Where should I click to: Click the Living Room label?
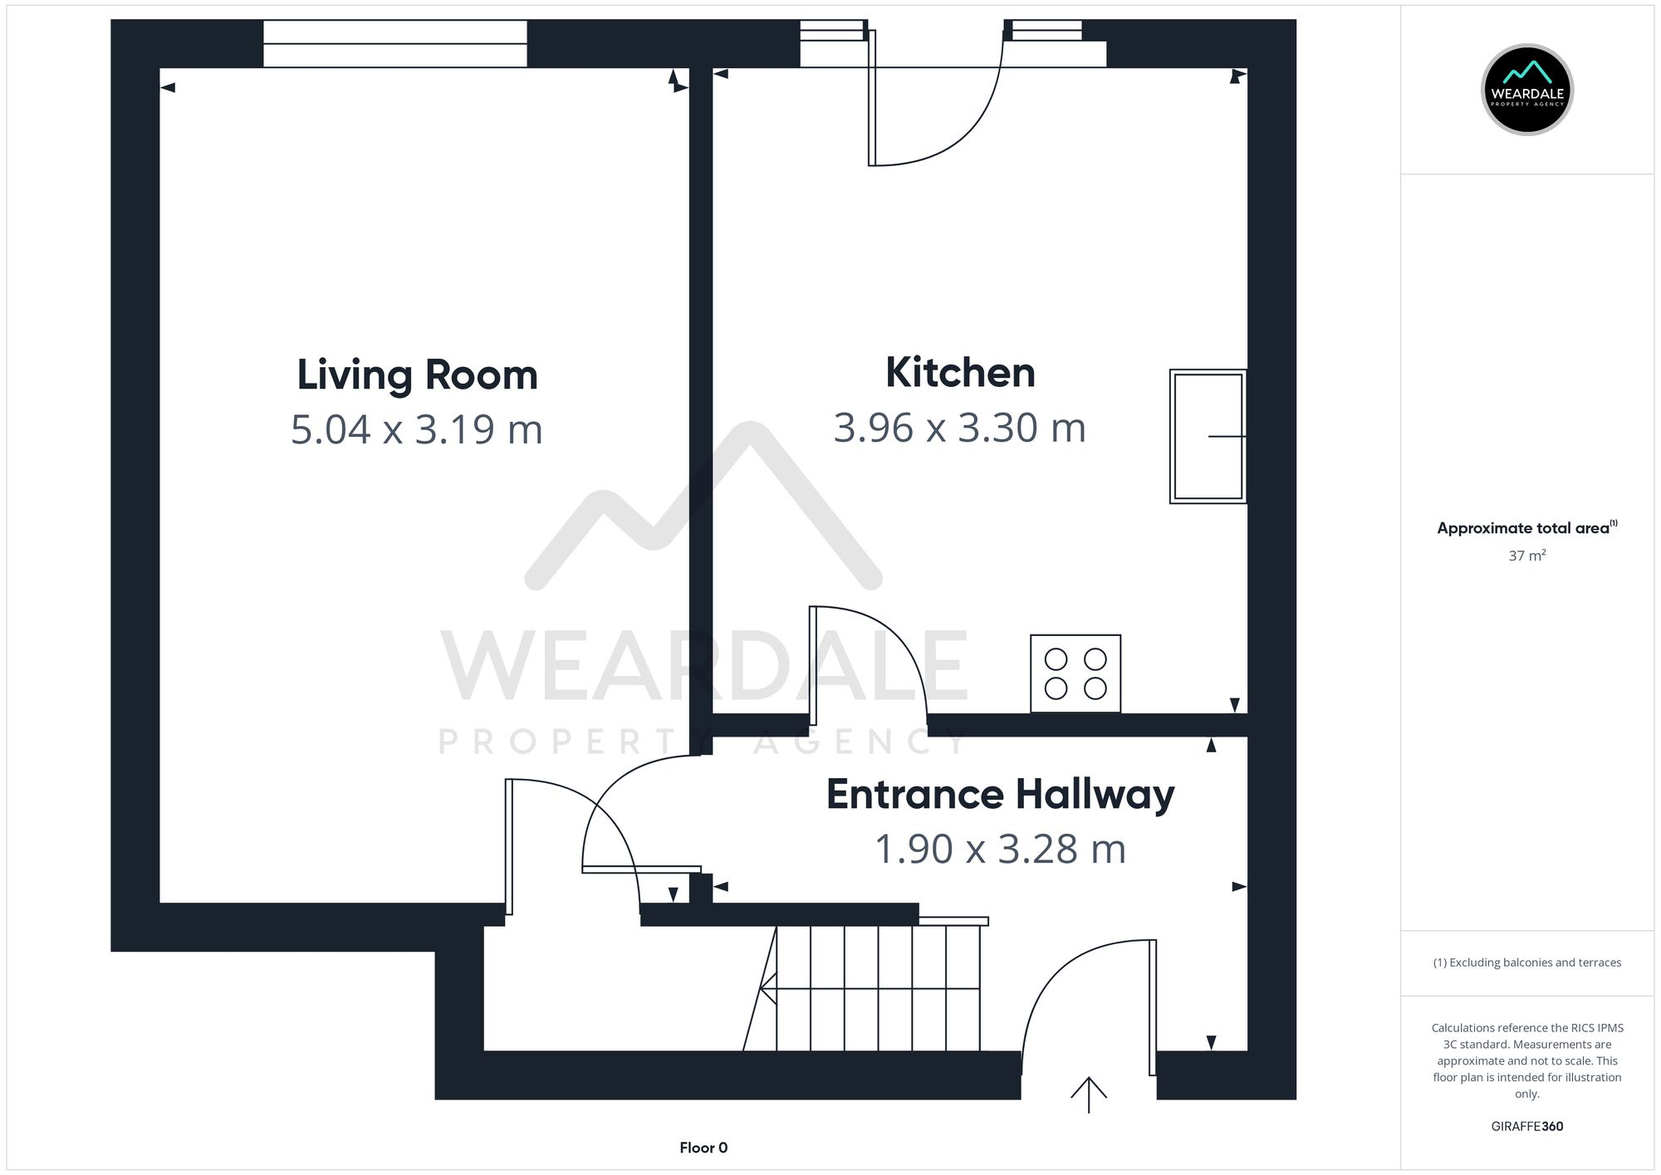pos(417,375)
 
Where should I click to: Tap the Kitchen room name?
pos(960,372)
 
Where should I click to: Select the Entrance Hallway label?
pos(1000,794)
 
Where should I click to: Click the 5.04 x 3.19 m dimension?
pos(417,429)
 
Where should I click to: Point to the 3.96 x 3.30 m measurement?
pos(959,428)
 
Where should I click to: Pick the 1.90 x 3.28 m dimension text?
pos(1000,849)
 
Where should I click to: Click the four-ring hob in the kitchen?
pos(1075,673)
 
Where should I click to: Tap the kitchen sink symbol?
pos(1208,436)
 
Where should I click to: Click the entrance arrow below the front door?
pos(1088,1094)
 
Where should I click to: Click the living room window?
pos(395,43)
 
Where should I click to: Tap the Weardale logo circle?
pos(1526,90)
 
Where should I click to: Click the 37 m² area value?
pos(1526,556)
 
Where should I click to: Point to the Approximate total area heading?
pos(1526,528)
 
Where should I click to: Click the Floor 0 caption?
pos(703,1148)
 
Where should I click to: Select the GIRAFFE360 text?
pos(1526,1126)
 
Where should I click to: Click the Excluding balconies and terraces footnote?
pos(1526,962)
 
